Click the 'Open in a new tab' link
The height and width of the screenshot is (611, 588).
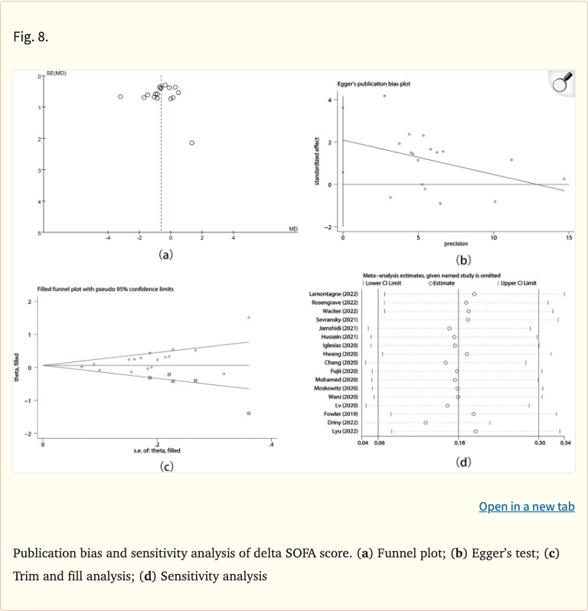(x=526, y=507)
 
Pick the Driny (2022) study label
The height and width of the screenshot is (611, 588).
(x=343, y=423)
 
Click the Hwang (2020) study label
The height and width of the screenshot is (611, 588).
(x=342, y=355)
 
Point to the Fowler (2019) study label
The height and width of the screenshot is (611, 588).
(x=341, y=414)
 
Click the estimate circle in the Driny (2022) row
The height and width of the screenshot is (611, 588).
(x=426, y=423)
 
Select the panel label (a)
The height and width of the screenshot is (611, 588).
(x=165, y=254)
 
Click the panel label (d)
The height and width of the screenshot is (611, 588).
(x=463, y=462)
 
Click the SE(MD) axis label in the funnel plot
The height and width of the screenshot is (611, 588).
(x=56, y=72)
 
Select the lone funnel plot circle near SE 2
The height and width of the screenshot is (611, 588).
(x=191, y=142)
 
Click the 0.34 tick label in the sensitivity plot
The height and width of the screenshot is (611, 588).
(x=565, y=443)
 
